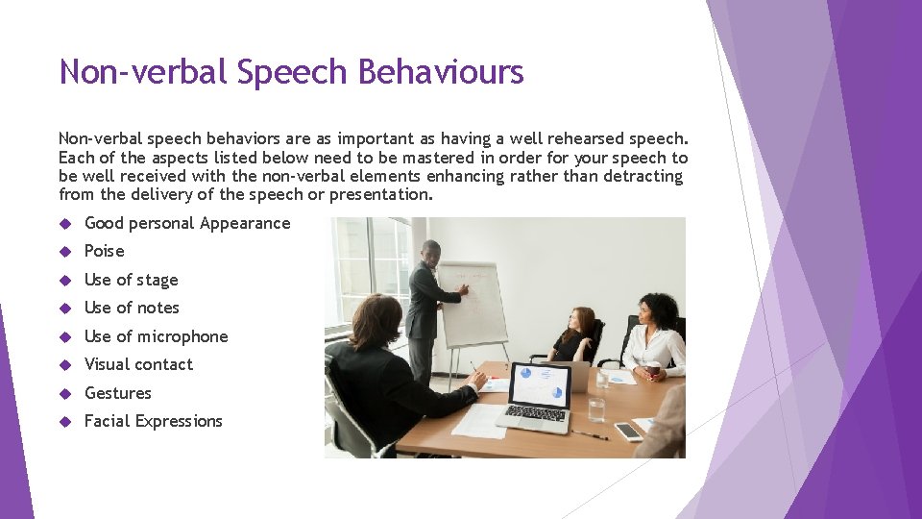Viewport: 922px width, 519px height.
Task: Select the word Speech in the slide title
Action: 296,72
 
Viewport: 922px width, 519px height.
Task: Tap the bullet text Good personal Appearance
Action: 187,223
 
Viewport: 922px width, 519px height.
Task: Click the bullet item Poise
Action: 105,251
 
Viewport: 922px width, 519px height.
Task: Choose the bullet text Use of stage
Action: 132,280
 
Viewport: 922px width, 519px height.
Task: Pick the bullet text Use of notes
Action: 132,308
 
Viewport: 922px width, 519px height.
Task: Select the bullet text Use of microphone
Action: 157,336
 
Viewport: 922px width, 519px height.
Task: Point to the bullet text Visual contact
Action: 138,364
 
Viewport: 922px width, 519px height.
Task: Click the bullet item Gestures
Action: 118,393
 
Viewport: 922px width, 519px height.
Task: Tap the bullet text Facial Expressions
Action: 154,421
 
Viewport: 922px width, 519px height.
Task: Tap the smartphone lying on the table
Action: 628,431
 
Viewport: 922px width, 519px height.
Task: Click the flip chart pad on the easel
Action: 473,303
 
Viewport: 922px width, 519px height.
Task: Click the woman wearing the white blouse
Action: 656,336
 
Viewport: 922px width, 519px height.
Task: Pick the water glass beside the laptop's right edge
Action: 596,408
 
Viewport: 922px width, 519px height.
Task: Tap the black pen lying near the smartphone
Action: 588,433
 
